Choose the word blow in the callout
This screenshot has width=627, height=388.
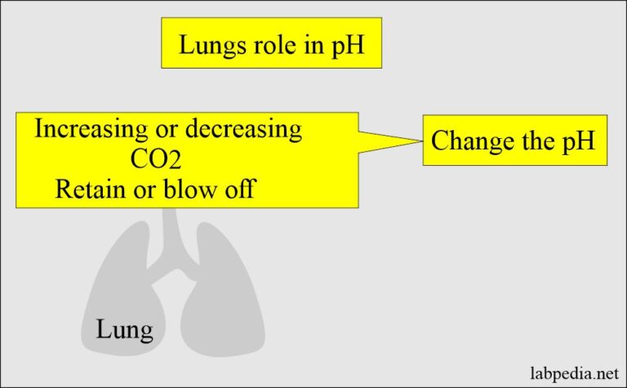pyautogui.click(x=191, y=189)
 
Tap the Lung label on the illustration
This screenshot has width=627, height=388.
pyautogui.click(x=124, y=331)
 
